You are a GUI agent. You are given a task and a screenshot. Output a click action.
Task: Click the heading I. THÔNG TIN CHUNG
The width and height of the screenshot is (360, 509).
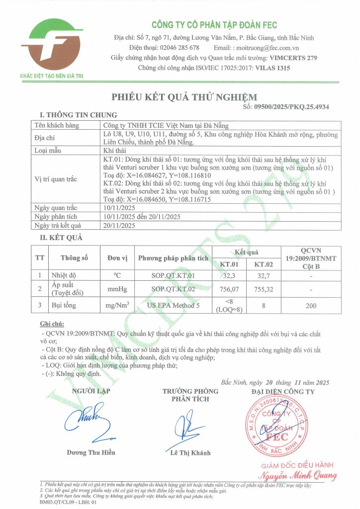click(78, 115)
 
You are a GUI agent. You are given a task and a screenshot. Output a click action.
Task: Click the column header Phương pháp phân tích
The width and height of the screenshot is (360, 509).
click(173, 258)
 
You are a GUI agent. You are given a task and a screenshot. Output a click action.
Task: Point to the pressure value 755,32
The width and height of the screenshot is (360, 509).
click(264, 288)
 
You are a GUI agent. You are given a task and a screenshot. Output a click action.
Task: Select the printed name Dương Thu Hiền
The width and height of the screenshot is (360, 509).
click(91, 452)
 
